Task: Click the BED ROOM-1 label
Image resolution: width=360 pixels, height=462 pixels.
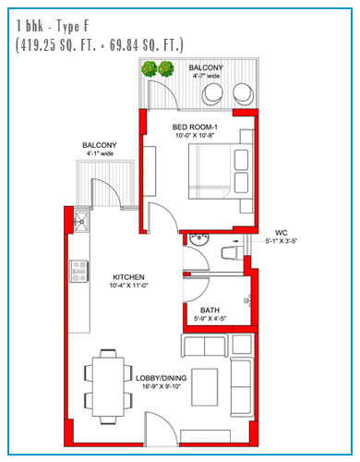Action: click(195, 127)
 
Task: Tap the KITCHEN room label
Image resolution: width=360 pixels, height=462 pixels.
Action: click(128, 277)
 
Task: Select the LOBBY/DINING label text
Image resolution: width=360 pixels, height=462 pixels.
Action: click(162, 378)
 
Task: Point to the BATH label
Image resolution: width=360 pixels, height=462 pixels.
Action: click(210, 310)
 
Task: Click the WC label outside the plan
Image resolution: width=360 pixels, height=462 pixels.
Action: click(281, 233)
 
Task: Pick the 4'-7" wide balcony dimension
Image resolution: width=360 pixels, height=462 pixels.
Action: click(206, 76)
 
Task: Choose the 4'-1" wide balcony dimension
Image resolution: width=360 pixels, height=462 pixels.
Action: click(100, 153)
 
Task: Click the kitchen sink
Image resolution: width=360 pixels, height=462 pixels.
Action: click(81, 222)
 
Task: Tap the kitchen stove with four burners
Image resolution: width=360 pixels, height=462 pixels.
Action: click(78, 272)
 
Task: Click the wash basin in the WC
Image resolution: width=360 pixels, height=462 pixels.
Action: click(199, 239)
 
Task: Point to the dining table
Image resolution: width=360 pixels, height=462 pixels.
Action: click(108, 387)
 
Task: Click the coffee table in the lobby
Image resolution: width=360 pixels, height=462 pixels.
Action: click(205, 387)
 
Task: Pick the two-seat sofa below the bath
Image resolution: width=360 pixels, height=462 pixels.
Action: click(205, 346)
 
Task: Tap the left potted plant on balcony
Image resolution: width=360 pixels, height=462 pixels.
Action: click(150, 69)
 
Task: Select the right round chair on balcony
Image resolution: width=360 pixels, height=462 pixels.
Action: click(244, 93)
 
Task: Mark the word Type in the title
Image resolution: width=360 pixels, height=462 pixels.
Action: click(68, 26)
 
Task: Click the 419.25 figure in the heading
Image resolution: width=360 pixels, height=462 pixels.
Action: click(38, 45)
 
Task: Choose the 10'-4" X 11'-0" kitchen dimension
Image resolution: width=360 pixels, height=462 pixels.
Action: click(128, 286)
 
